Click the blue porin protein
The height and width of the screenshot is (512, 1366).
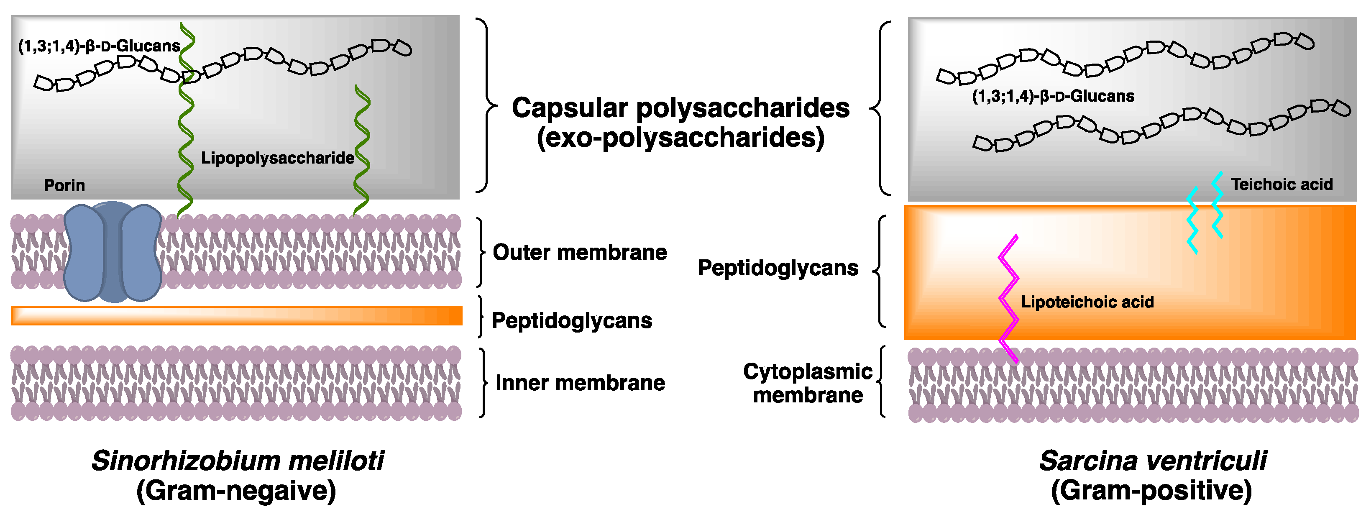click(x=113, y=252)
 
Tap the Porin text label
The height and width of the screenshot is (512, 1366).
click(x=64, y=185)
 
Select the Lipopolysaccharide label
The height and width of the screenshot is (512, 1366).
click(x=277, y=158)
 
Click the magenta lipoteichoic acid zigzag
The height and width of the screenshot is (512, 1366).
click(x=1008, y=297)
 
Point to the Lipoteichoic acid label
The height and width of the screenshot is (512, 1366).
click(x=1087, y=302)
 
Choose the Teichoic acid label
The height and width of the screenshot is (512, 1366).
click(x=1281, y=184)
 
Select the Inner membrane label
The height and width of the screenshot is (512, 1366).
click(x=580, y=383)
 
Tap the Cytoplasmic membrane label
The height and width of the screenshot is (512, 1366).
click(x=807, y=383)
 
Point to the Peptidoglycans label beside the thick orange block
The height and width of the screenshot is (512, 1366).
click(x=778, y=268)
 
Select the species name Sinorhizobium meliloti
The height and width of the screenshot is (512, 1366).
click(x=237, y=461)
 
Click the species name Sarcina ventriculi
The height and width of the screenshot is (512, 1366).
click(x=1152, y=461)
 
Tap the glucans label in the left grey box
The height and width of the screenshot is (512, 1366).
click(x=99, y=46)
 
